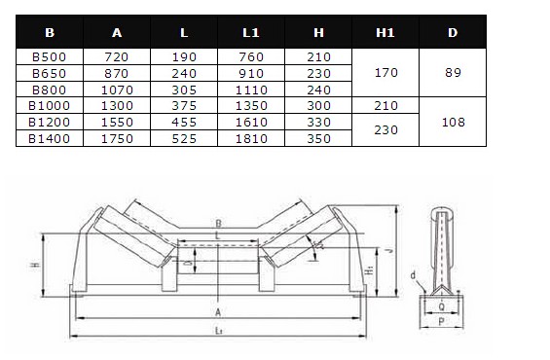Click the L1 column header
click(251, 33)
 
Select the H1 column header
click(385, 33)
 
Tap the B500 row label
click(49, 56)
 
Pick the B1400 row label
click(49, 138)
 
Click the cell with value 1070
click(117, 90)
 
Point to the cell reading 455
click(184, 122)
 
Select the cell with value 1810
click(251, 138)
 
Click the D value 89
click(453, 73)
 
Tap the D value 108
click(454, 122)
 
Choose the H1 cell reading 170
click(386, 73)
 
